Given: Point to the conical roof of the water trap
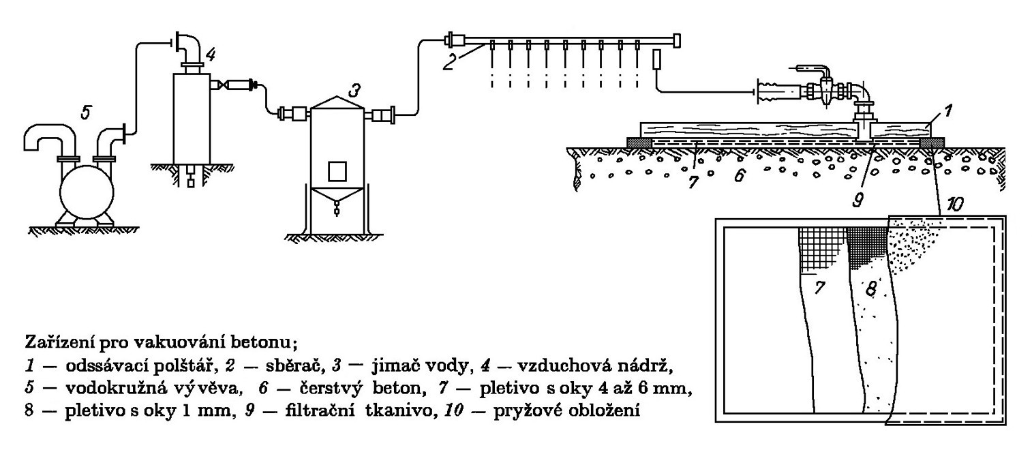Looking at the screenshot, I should click(x=338, y=101).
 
